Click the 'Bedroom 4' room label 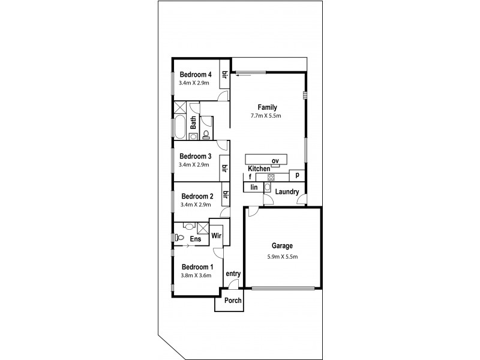[x=195, y=74]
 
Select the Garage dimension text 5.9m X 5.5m [x=282, y=256]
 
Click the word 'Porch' [x=233, y=301]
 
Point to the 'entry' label [x=233, y=274]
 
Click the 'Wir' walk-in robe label [x=217, y=236]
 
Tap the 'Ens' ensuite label [x=195, y=239]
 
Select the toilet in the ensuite [x=188, y=227]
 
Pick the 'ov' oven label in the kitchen [x=275, y=161]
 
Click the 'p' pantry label [x=296, y=175]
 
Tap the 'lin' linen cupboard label [x=254, y=187]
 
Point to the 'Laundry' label [x=288, y=192]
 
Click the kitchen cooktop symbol [x=271, y=177]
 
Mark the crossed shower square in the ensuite [x=203, y=228]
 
